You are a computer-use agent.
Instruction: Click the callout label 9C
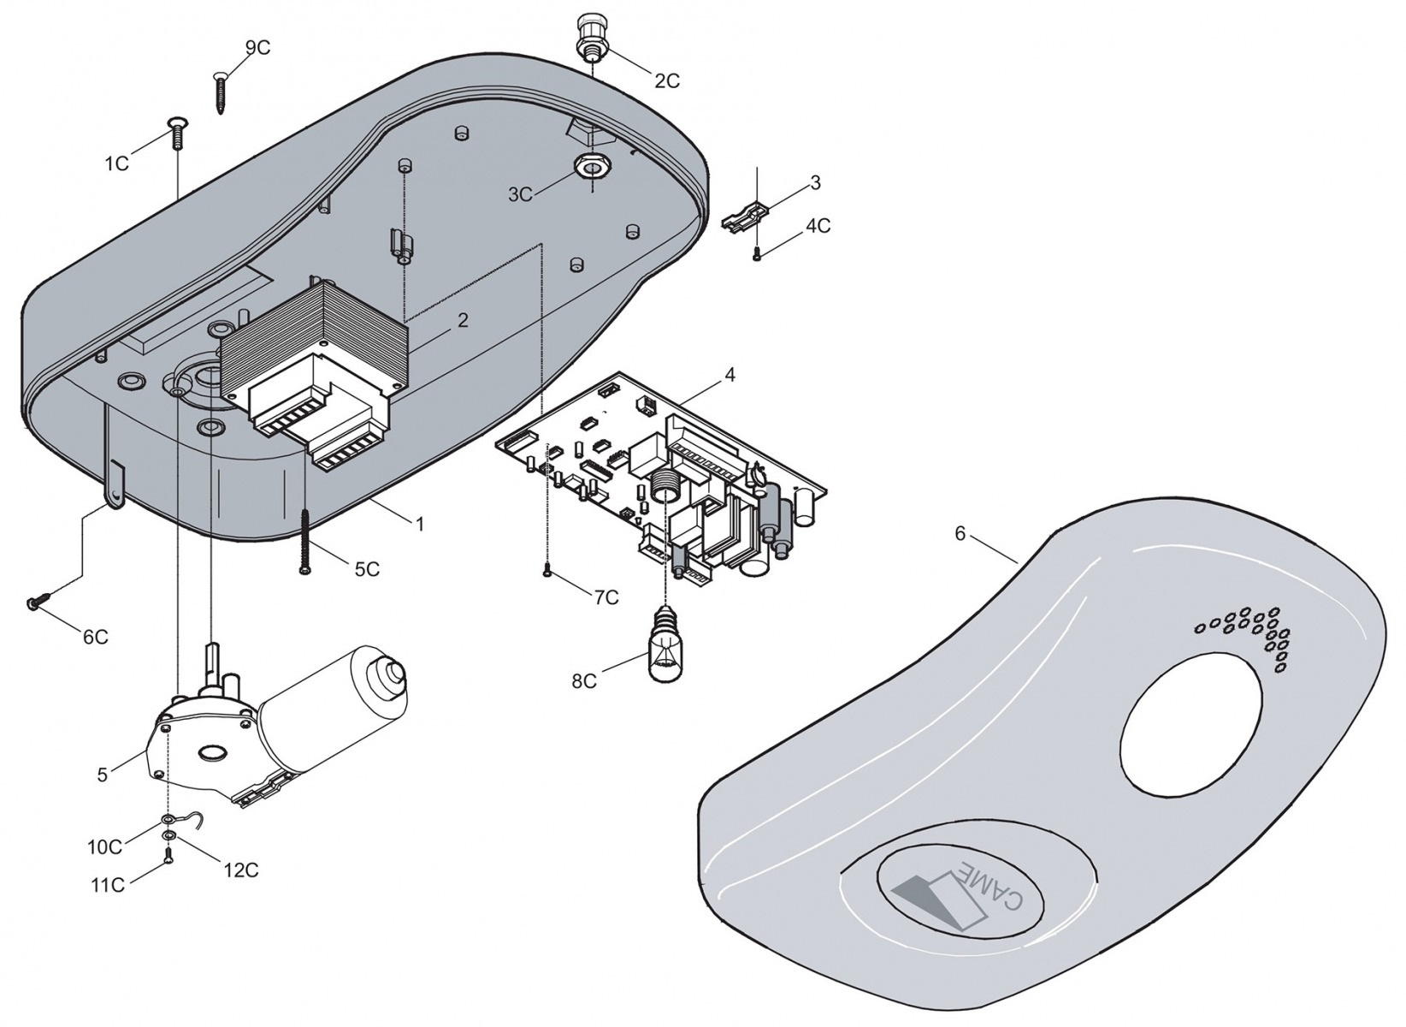257,48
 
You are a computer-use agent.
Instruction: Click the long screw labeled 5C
304,542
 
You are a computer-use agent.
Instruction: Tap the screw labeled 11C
168,854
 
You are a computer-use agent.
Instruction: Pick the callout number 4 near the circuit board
729,375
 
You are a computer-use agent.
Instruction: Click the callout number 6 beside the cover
960,533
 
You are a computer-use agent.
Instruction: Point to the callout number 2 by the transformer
462,321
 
